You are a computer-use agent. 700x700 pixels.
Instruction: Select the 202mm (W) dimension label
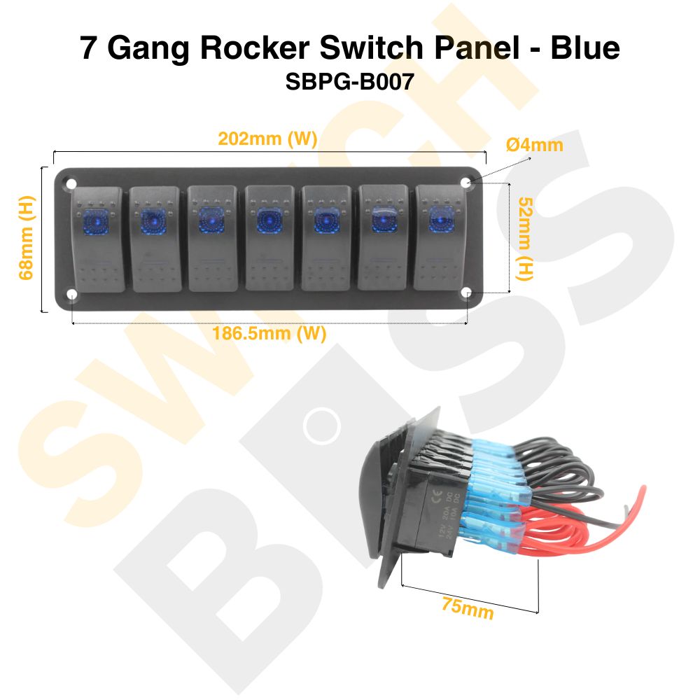tap(267, 139)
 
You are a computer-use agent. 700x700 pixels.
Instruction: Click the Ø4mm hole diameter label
tap(534, 145)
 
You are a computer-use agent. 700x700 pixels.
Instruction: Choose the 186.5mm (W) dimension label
tap(269, 334)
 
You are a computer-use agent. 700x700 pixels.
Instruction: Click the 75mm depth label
tap(467, 607)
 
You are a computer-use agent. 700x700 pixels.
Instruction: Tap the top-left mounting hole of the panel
tap(72, 183)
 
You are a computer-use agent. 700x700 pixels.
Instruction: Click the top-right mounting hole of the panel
tap(467, 183)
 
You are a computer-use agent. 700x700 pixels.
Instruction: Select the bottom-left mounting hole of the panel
tap(72, 295)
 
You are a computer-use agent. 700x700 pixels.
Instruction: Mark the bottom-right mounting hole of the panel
tap(467, 295)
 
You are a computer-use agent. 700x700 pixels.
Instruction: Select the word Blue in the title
tap(585, 48)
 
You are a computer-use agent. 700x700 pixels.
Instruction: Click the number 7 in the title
tap(89, 48)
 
